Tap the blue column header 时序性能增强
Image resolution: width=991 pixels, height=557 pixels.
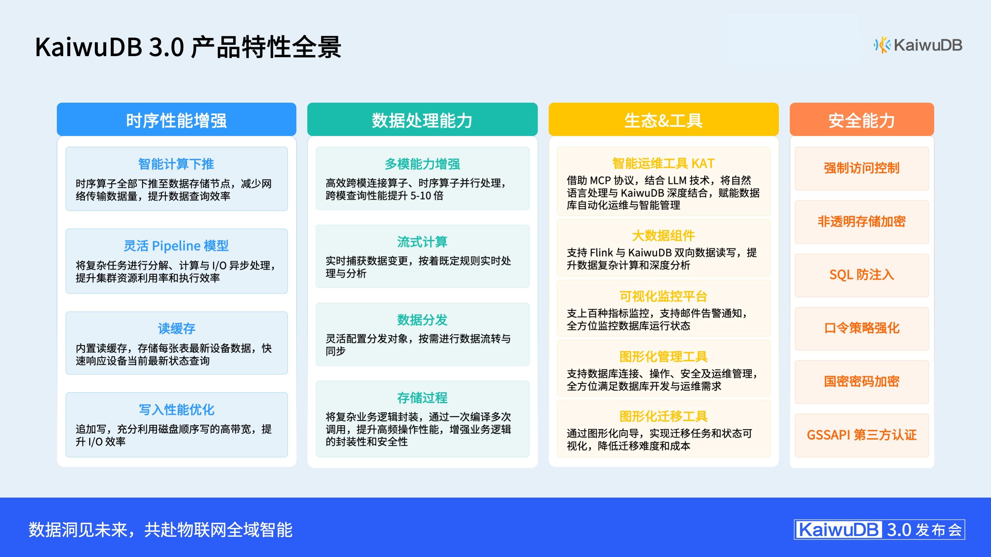point(176,120)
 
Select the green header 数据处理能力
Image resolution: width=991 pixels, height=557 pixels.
point(422,120)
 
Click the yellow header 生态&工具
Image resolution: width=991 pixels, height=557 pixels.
point(663,120)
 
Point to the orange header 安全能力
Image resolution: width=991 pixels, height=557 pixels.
point(861,120)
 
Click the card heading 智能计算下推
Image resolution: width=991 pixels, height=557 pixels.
point(176,164)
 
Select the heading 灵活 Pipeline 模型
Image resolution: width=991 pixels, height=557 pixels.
point(176,246)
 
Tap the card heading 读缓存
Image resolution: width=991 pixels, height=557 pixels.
point(176,329)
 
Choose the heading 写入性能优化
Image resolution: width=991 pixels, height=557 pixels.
point(176,410)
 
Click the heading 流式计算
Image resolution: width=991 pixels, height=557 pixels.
point(422,242)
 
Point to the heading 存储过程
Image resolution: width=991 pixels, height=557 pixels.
point(422,398)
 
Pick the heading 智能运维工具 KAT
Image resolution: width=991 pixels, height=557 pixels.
point(663,164)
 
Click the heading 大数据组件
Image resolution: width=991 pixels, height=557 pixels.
point(663,236)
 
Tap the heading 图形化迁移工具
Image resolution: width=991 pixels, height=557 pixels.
point(663,416)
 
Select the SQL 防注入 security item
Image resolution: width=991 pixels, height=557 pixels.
point(861,275)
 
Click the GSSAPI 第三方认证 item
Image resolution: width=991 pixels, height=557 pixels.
point(861,435)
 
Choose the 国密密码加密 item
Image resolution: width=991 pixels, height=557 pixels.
point(861,382)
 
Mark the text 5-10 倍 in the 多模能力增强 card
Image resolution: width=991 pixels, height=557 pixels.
point(427,196)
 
